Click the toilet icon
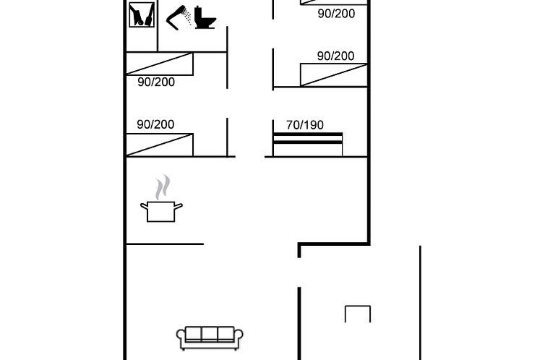[x=205, y=18]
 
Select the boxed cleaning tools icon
[x=142, y=14]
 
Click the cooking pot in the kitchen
[x=161, y=211]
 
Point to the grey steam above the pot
[x=163, y=187]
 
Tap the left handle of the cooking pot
[x=144, y=207]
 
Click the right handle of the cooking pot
[x=179, y=207]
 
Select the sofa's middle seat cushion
[x=210, y=334]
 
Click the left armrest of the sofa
[x=181, y=338]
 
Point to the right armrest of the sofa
[x=239, y=338]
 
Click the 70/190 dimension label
[x=305, y=125]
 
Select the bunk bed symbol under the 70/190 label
[x=308, y=145]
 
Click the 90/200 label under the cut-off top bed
[x=336, y=14]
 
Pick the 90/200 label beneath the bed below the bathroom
[x=156, y=82]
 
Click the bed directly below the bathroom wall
[x=160, y=64]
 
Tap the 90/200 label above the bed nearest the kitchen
[x=155, y=124]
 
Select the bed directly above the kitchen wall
[x=160, y=145]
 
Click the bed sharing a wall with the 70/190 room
[x=334, y=74]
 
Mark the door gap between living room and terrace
[x=299, y=273]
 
